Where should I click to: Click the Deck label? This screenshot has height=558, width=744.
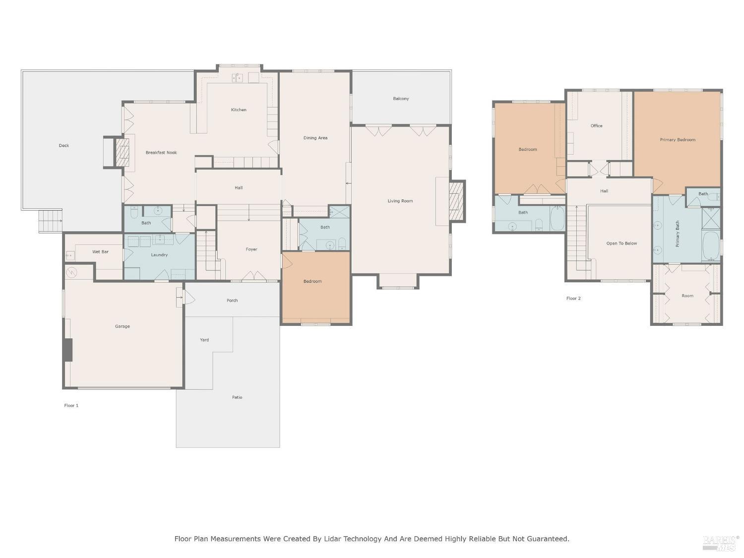(x=63, y=146)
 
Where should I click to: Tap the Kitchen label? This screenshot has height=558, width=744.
(x=239, y=110)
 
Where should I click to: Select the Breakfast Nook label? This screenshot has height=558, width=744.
(x=161, y=153)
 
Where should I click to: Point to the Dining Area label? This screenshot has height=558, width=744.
(x=315, y=138)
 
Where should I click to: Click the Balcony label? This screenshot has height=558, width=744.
(x=401, y=99)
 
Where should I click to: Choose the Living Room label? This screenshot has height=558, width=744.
(x=400, y=201)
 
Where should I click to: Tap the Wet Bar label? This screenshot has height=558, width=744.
(x=100, y=252)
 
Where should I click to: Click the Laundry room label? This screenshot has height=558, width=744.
(x=159, y=255)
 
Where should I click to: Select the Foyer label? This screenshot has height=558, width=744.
(x=251, y=249)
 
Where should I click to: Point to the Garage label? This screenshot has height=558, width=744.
(x=123, y=326)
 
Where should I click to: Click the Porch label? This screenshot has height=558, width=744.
(x=232, y=301)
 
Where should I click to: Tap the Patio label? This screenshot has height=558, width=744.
(x=237, y=397)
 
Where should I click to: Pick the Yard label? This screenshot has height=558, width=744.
(x=204, y=340)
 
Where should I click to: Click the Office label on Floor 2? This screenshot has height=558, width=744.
(x=597, y=125)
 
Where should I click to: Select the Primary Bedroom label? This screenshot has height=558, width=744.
(x=678, y=139)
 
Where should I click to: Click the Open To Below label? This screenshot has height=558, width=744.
(x=621, y=243)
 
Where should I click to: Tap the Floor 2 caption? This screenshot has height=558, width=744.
(x=573, y=298)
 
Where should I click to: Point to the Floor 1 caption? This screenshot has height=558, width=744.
(x=71, y=405)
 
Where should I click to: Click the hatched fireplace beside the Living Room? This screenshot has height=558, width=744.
(x=456, y=201)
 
